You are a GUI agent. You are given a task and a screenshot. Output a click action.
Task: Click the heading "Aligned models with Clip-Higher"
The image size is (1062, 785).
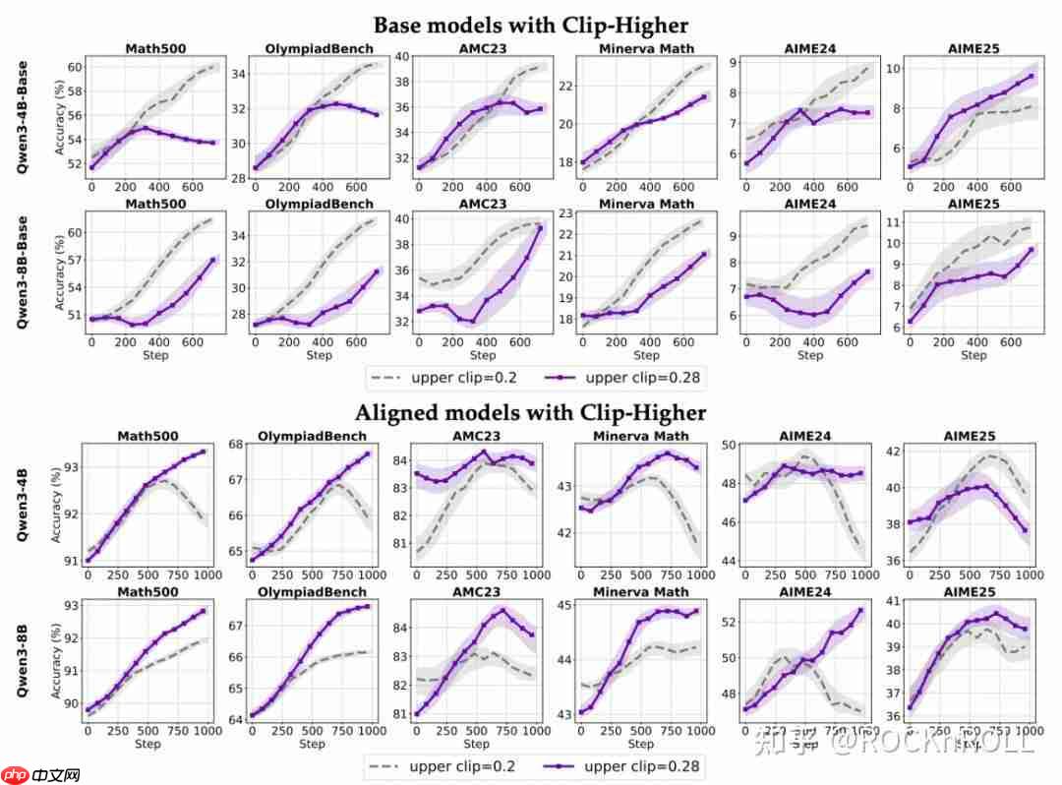530,412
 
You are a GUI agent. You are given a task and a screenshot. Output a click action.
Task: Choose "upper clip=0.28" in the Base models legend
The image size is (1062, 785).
632,377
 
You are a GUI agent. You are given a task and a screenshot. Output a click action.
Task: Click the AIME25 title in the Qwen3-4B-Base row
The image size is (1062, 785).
973,48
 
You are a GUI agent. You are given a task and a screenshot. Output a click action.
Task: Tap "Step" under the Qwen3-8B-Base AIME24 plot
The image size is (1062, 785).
809,354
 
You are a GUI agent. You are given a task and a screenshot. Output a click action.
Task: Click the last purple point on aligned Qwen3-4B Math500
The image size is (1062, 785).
203,452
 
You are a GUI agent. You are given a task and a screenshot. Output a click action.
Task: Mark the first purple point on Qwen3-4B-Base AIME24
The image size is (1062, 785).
746,163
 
